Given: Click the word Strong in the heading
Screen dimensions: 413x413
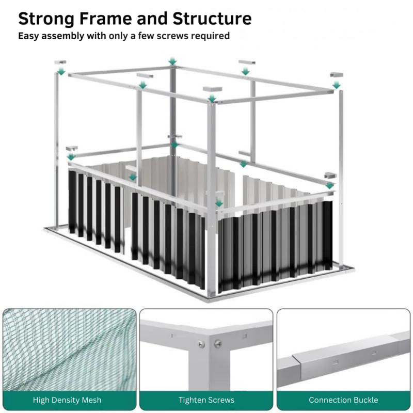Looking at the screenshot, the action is [46, 19].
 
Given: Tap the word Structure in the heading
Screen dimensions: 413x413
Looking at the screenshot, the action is [212, 19].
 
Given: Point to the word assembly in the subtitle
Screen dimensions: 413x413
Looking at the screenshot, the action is [62, 36].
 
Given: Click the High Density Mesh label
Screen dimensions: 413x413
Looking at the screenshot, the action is [67, 400].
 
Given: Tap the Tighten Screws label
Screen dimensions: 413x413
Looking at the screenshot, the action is [206, 400].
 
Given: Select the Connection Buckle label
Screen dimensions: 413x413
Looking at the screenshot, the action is [343, 400].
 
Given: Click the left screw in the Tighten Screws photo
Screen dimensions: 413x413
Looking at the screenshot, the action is [201, 344].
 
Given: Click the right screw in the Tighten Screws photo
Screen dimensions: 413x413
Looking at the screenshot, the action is [218, 343].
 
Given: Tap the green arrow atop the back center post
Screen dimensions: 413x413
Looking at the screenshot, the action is [172, 61].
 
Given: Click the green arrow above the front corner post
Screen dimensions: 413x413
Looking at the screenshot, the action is [212, 99].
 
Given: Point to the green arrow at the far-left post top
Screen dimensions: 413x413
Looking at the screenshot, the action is [61, 71].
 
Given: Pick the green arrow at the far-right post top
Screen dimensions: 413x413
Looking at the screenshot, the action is [337, 85].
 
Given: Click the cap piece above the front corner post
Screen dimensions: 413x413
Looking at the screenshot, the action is [212, 89].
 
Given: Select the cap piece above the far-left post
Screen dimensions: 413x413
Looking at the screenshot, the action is [60, 62].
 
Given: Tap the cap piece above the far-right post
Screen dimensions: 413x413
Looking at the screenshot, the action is [337, 75].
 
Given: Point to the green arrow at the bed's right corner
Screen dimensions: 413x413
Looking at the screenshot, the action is [329, 185].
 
